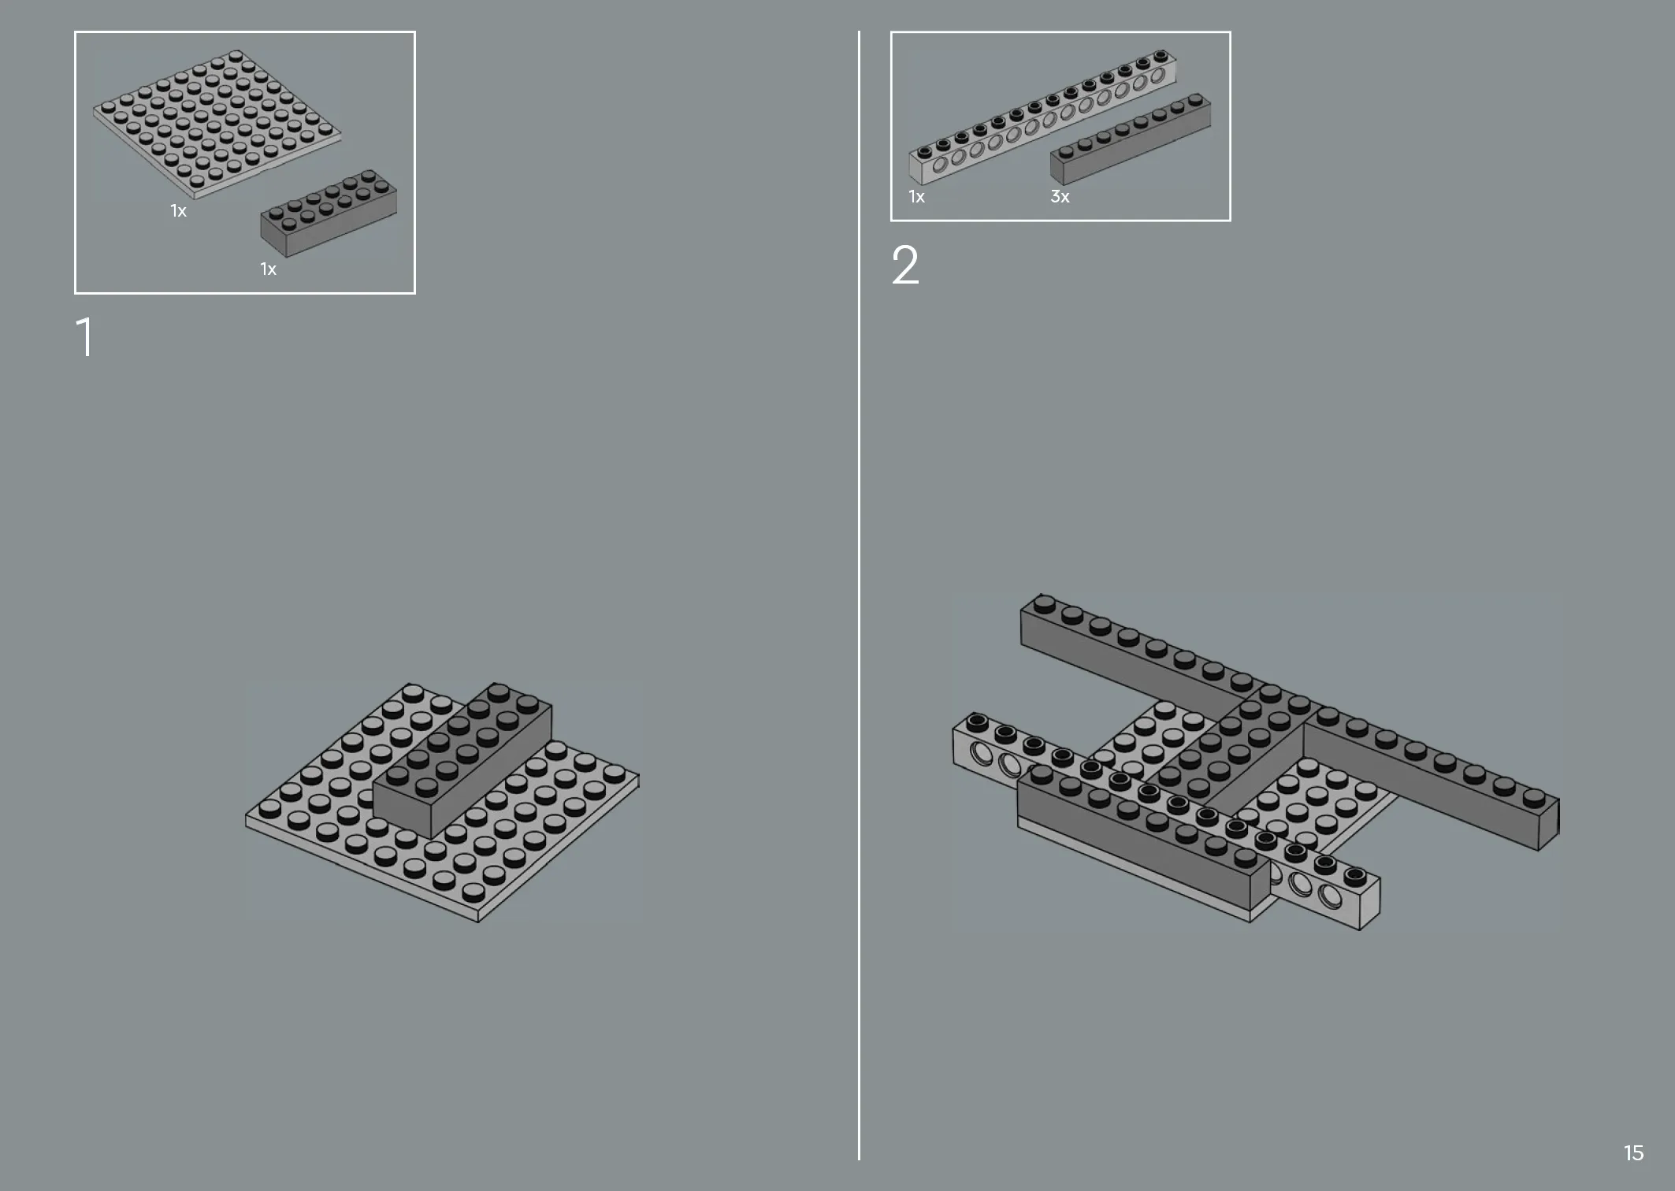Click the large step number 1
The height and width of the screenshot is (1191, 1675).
tap(84, 337)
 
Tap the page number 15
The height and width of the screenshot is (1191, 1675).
tap(1633, 1153)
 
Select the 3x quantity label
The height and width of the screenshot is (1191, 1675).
tap(1060, 197)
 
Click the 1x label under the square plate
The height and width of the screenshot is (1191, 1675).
tap(179, 211)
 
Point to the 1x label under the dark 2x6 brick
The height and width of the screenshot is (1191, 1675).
tap(269, 269)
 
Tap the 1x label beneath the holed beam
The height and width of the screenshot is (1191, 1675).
tap(916, 197)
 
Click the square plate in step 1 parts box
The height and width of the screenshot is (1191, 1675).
tap(217, 124)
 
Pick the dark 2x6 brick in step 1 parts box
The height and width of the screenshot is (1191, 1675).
tap(329, 213)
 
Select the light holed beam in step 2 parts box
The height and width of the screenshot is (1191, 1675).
tap(1042, 117)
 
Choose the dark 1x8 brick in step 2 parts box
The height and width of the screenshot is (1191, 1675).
tap(1131, 140)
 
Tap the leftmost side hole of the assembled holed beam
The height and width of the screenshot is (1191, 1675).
tap(982, 754)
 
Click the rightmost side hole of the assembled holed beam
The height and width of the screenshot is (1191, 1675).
tap(1331, 896)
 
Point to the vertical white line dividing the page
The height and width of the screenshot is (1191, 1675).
tap(859, 595)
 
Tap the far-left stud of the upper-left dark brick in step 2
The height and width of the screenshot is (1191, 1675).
tap(1044, 603)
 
